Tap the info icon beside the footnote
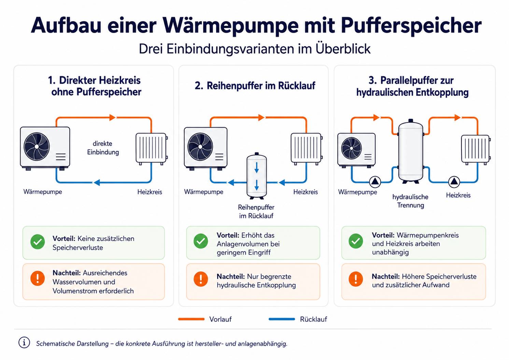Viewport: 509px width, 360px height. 24,343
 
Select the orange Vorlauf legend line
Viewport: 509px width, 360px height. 191,319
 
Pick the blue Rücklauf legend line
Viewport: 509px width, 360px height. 282,319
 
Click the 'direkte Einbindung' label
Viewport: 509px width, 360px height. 103,148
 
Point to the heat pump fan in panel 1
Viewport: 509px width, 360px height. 37,146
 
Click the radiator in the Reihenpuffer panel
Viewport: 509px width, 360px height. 307,149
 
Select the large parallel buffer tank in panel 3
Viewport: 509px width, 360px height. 411,151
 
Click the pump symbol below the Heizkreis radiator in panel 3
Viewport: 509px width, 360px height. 454,182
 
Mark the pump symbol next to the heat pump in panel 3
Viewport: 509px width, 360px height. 375,182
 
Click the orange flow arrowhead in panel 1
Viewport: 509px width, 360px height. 112,117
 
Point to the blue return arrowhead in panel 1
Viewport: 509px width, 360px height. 97,182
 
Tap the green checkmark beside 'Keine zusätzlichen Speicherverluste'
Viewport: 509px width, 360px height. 38,242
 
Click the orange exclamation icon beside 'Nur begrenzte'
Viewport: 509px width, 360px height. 201,279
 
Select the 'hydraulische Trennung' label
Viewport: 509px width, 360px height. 410,201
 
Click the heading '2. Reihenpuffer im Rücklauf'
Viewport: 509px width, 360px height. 255,86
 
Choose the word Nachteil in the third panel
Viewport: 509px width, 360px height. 386,276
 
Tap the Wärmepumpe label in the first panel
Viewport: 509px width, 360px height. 43,192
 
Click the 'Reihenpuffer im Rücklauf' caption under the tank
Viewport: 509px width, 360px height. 256,212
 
